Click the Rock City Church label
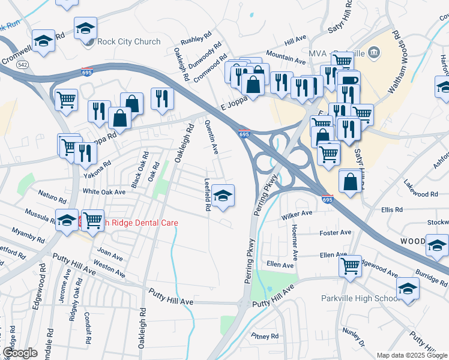click(130, 41)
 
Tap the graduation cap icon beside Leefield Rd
click(223, 196)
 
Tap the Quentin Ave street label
click(211, 137)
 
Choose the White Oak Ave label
click(104, 191)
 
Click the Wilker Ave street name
click(298, 213)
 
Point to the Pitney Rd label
click(265, 336)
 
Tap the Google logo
click(20, 353)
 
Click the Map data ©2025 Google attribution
click(412, 355)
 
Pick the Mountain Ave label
click(285, 57)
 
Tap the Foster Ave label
click(336, 232)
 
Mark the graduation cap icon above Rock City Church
click(85, 28)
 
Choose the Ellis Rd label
click(391, 209)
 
